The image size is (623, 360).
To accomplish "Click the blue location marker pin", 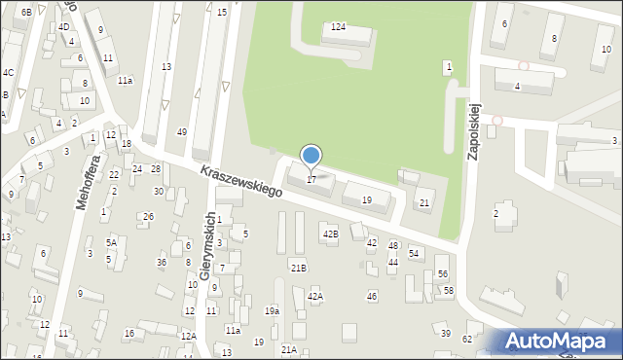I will (311, 156).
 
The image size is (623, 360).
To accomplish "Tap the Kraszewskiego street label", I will (241, 181).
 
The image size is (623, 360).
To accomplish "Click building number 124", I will (338, 27).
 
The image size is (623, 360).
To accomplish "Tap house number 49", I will (182, 132).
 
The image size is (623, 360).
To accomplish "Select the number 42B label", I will (331, 234).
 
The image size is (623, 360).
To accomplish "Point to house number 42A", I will (314, 296).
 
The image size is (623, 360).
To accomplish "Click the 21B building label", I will (298, 267).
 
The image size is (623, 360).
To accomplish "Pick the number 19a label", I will (272, 310).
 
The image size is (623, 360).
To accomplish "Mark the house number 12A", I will (188, 336).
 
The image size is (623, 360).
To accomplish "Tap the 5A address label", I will (111, 242).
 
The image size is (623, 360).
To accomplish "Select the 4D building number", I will (63, 26).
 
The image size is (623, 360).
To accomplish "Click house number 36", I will (162, 263).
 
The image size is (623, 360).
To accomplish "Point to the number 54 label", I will (415, 253).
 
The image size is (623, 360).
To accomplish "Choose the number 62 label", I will (467, 339).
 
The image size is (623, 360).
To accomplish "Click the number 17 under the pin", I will (311, 179).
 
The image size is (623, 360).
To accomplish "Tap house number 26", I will (148, 216).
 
